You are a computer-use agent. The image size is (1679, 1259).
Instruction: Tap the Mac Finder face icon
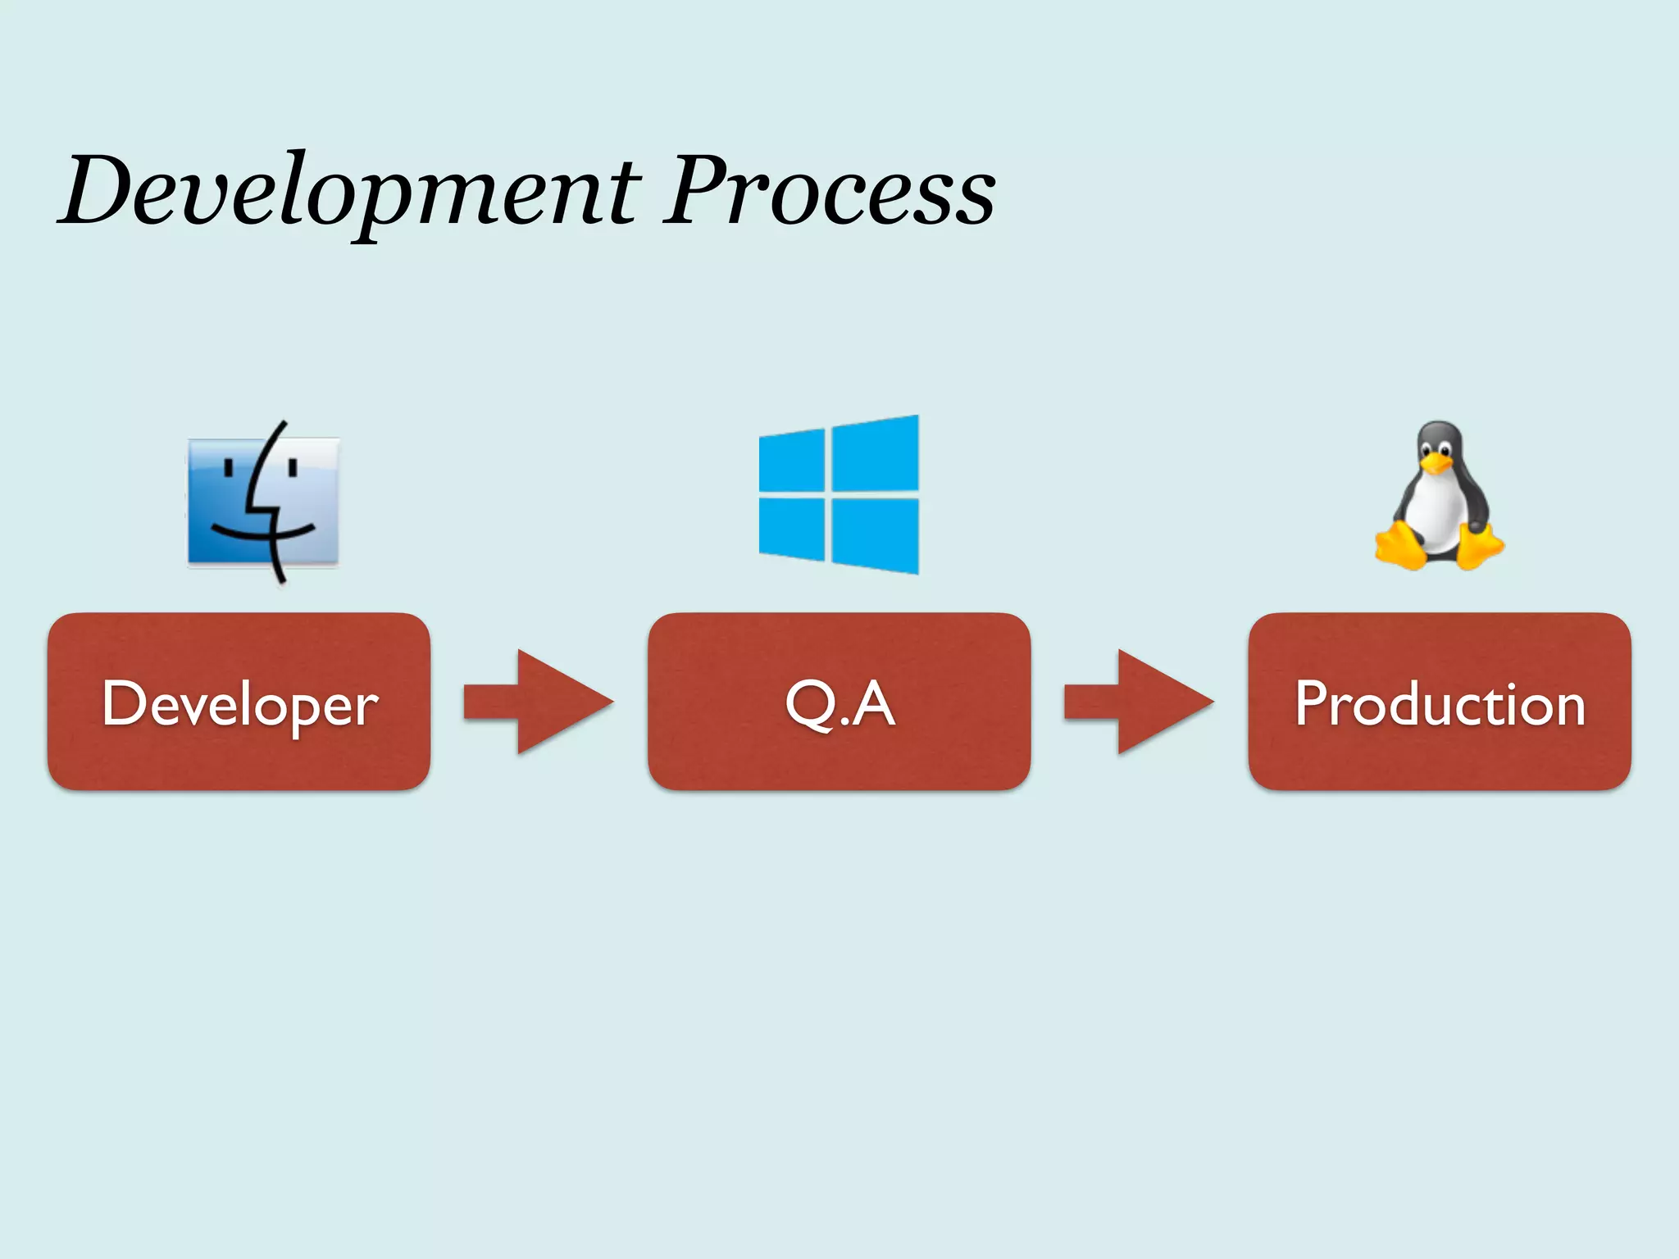(262, 502)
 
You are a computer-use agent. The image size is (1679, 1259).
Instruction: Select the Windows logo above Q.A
(839, 494)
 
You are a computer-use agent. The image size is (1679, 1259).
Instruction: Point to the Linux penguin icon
(1439, 497)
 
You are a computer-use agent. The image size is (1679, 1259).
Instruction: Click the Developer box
(239, 702)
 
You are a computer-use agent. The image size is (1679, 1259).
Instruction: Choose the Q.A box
(839, 702)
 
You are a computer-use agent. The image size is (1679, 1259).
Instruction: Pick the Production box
(1440, 702)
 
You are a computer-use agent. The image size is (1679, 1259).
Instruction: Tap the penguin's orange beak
(1436, 464)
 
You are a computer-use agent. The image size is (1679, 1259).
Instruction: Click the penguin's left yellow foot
(1400, 548)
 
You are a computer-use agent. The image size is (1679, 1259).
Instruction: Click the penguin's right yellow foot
(1481, 548)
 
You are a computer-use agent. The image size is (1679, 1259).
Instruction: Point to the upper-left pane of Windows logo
(792, 461)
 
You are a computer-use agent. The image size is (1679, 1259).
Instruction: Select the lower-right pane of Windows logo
(876, 534)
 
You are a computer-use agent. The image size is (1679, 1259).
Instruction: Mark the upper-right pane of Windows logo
(876, 454)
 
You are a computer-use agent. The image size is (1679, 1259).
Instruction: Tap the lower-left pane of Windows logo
(792, 528)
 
